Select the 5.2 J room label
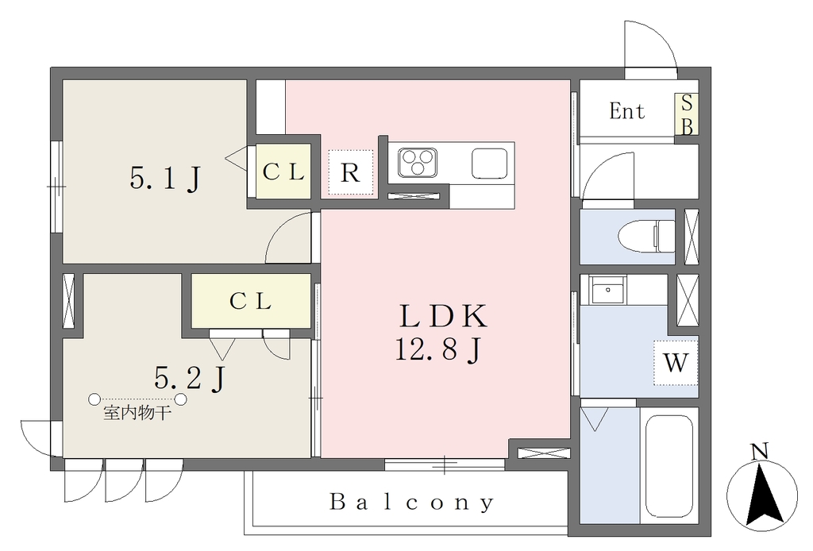pyautogui.click(x=190, y=377)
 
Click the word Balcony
pyautogui.click(x=412, y=503)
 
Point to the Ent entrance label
pyautogui.click(x=627, y=111)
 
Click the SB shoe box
pyautogui.click(x=687, y=114)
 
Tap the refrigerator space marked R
pyautogui.click(x=350, y=173)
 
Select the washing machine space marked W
pyautogui.click(x=676, y=363)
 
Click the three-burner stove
pyautogui.click(x=418, y=163)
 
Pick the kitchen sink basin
pyautogui.click(x=489, y=164)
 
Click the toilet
pyautogui.click(x=646, y=236)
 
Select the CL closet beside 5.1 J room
pyautogui.click(x=283, y=171)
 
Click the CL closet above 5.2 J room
pyautogui.click(x=251, y=301)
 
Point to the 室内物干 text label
pyautogui.click(x=137, y=413)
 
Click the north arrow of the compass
pyautogui.click(x=763, y=493)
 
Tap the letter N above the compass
pyautogui.click(x=760, y=452)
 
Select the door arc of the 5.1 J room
pyautogui.click(x=288, y=237)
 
